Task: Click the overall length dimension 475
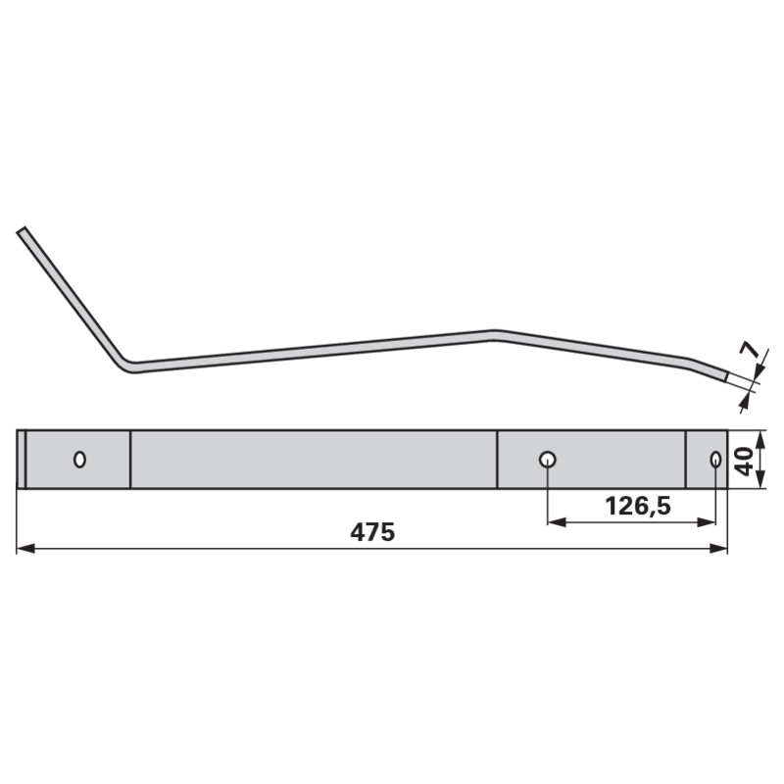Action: [x=371, y=533]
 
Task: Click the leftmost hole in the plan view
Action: [x=79, y=459]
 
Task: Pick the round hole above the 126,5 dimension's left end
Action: [x=548, y=459]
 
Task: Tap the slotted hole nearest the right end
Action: [x=715, y=459]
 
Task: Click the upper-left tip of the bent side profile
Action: [x=22, y=232]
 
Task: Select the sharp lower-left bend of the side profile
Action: [x=125, y=365]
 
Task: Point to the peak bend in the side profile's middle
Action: [x=495, y=333]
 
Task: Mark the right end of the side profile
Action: [x=726, y=374]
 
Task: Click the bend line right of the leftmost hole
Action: [x=130, y=459]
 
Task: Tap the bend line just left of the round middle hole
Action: [x=497, y=459]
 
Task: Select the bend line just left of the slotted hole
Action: [x=686, y=459]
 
